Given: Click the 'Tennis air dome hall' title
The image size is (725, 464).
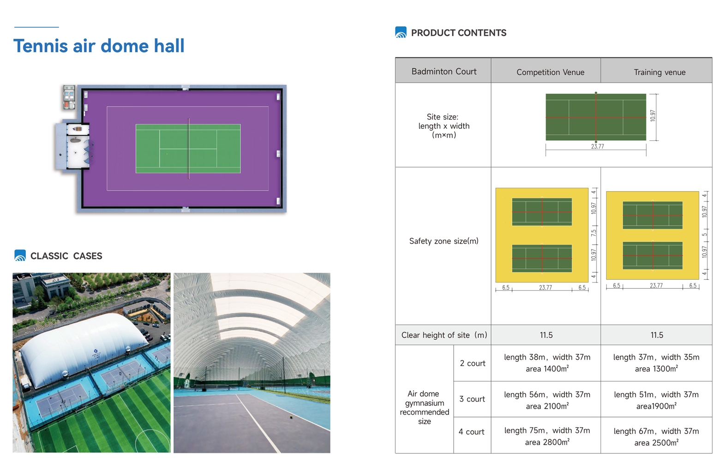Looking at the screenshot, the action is tap(99, 46).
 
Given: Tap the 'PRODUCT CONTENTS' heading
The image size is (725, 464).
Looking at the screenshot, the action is tap(459, 33).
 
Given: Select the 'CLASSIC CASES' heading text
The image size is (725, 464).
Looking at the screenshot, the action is tap(66, 256).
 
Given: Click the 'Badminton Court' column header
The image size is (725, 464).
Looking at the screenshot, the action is tap(444, 71).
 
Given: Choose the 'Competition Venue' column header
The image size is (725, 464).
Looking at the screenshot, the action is tap(550, 72).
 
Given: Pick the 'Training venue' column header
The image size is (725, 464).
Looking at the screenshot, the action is tap(659, 72).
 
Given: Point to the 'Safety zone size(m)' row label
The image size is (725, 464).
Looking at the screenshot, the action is tap(443, 241).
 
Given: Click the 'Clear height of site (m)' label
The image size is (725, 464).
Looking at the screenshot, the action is tap(444, 335).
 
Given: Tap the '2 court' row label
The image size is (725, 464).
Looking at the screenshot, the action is tap(473, 363).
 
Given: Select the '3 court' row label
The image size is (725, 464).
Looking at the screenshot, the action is tap(472, 399).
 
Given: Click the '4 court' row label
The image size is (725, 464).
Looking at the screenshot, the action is tap(472, 432).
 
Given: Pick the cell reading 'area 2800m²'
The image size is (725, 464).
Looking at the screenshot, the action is tap(547, 442).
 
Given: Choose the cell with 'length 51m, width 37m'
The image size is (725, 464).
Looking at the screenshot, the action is tap(656, 394).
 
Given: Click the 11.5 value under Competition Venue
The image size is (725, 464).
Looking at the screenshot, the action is tap(546, 335).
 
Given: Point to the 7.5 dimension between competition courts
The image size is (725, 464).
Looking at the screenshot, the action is tap(593, 233).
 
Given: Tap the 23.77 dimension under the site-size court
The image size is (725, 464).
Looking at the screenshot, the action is tap(598, 146).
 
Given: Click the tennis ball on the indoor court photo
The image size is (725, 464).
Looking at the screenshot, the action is tap(291, 417).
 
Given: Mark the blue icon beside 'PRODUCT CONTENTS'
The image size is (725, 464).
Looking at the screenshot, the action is tap(401, 32).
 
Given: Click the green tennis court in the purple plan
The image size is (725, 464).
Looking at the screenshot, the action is tap(188, 149).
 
